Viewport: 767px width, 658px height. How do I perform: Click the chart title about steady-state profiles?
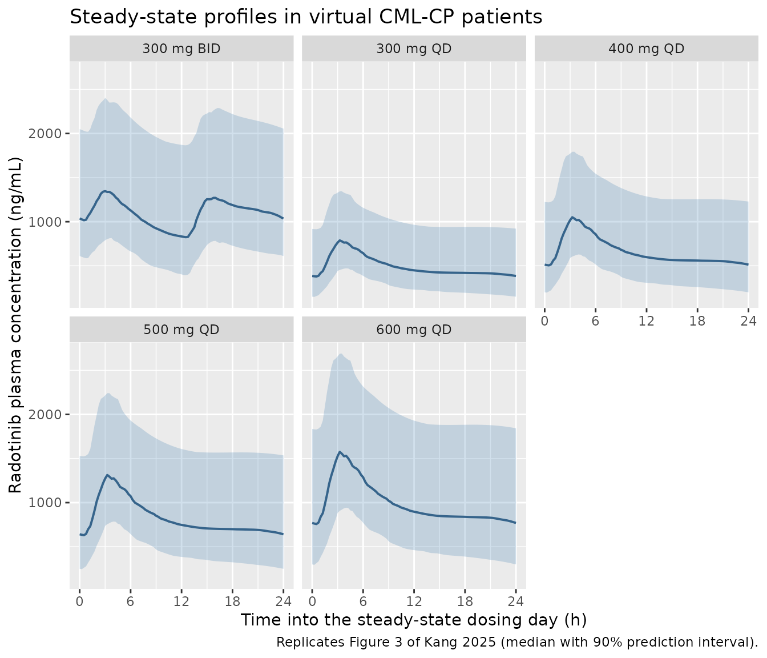tap(306, 17)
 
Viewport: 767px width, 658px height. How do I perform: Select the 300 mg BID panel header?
tap(181, 49)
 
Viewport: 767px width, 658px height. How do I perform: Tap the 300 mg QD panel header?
tap(414, 49)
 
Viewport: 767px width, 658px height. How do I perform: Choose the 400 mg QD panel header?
tap(647, 49)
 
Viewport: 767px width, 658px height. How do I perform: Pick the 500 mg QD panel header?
tap(181, 330)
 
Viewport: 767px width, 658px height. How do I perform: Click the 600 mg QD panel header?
tap(414, 330)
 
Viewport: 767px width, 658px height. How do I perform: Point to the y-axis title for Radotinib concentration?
tap(15, 325)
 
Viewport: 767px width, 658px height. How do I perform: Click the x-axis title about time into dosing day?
tap(414, 620)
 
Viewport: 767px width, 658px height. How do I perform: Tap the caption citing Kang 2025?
tap(517, 642)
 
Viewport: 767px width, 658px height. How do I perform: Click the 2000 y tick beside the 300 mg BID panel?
tap(44, 133)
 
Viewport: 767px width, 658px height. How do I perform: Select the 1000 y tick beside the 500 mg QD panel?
tap(44, 503)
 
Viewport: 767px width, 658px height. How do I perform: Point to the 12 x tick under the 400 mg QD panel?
tap(647, 321)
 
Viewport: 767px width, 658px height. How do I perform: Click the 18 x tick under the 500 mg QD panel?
tap(232, 601)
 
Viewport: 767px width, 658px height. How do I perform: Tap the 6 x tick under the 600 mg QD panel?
tap(363, 601)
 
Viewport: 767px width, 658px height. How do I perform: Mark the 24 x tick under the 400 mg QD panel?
tap(748, 321)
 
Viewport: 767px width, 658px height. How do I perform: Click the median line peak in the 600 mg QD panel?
tap(340, 452)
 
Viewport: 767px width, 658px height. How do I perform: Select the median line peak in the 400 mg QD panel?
tap(572, 217)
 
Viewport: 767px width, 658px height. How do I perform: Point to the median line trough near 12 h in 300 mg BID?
tap(187, 237)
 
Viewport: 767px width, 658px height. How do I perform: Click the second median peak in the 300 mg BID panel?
tap(214, 198)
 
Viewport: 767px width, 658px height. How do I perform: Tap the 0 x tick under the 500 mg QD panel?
tap(79, 601)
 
